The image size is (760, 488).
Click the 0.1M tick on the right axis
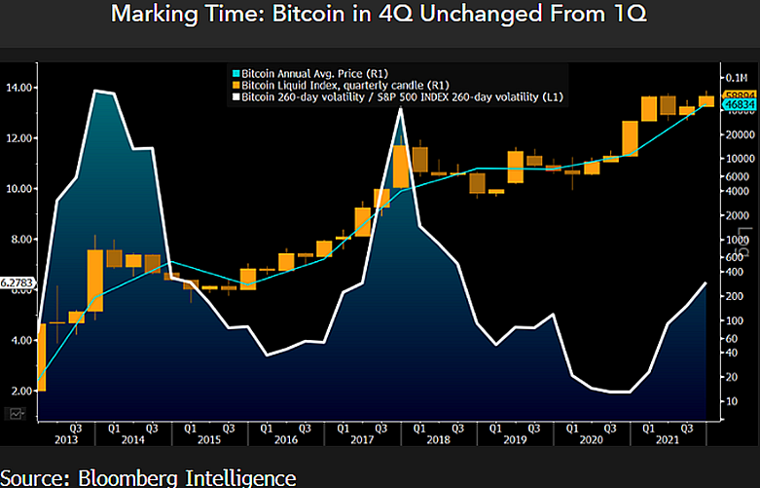(734, 77)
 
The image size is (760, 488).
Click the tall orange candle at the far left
(42, 357)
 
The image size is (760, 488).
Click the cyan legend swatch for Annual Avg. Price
(233, 72)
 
